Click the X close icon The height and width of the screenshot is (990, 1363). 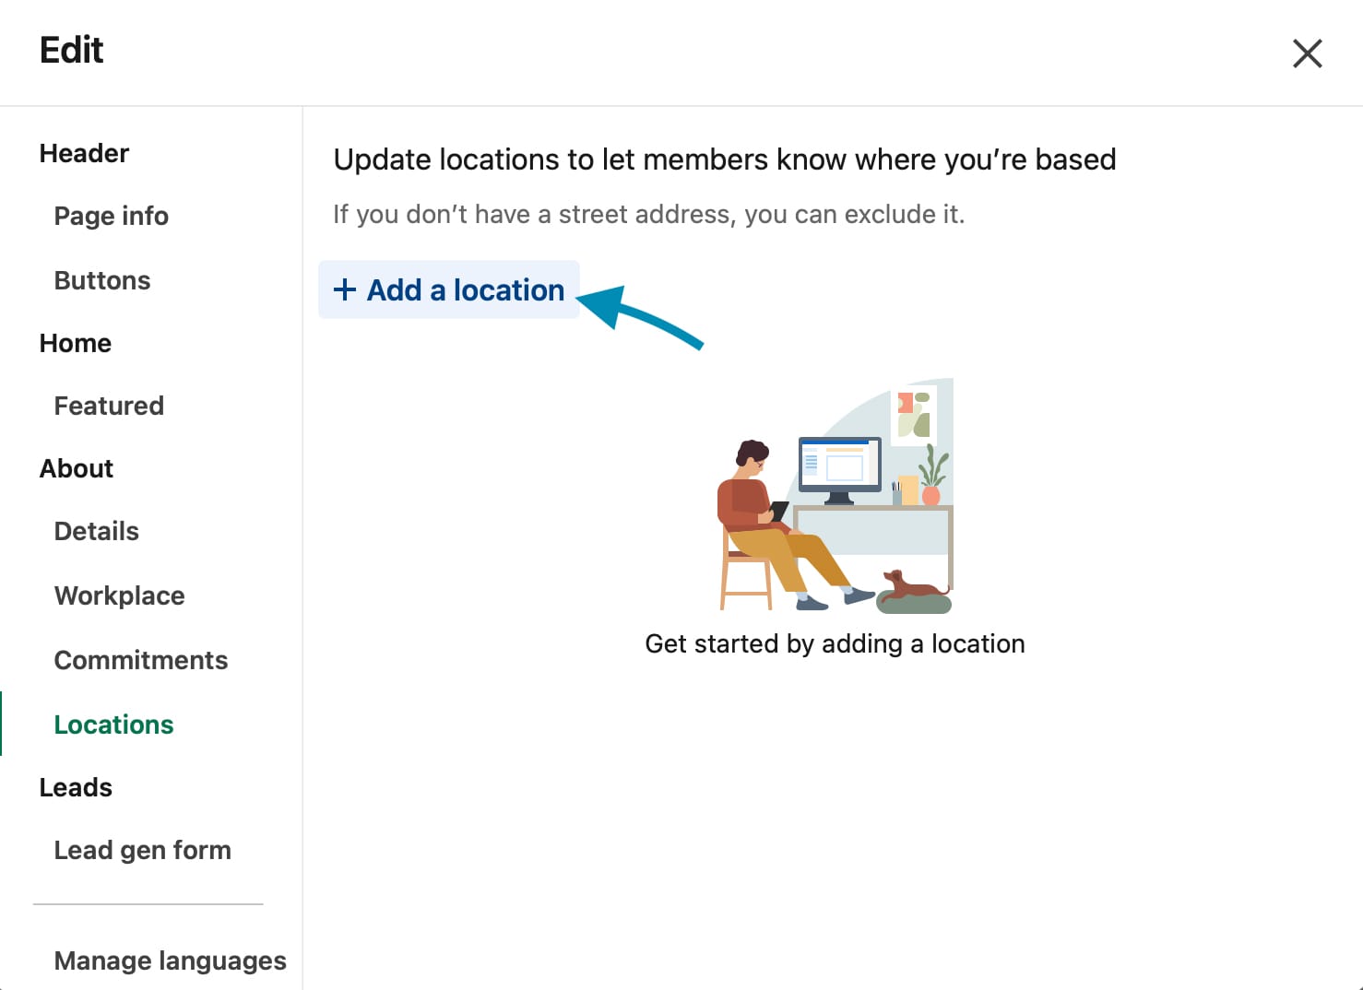click(x=1307, y=53)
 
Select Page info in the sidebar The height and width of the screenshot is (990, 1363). click(x=112, y=216)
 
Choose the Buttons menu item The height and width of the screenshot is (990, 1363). click(x=102, y=280)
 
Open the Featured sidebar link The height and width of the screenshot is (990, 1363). click(x=109, y=406)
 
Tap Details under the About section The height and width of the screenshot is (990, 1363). click(x=96, y=531)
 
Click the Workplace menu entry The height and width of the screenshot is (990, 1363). click(x=119, y=595)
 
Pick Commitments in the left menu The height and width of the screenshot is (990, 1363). click(x=140, y=660)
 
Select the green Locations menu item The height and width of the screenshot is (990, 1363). click(x=113, y=725)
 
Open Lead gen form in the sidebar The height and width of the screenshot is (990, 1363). click(x=142, y=850)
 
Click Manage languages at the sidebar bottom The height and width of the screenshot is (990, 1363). click(x=170, y=961)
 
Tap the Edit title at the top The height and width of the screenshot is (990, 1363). click(x=71, y=50)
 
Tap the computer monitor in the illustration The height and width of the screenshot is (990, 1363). click(x=840, y=469)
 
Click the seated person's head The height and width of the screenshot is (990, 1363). click(x=753, y=456)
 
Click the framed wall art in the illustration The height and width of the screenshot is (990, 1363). click(x=914, y=414)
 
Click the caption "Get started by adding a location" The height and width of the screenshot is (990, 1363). click(x=835, y=644)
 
